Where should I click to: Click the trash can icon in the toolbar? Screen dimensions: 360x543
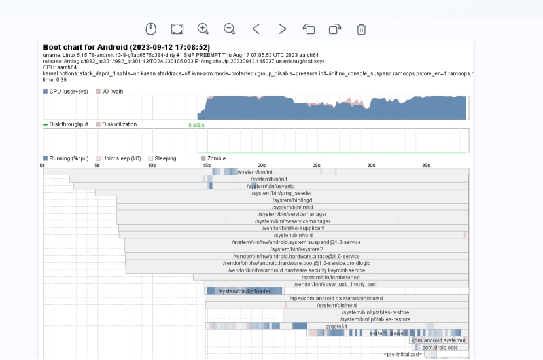point(361,29)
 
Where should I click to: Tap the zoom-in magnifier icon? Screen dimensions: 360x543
point(203,29)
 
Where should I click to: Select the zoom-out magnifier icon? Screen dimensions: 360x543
point(229,29)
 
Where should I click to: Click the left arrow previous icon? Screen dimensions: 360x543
point(256,29)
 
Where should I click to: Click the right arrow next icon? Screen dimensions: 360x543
point(282,29)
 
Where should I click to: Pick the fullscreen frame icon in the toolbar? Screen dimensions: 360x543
point(177,29)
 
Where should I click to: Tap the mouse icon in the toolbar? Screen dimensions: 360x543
point(150,29)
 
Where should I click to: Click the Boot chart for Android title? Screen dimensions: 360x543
point(126,47)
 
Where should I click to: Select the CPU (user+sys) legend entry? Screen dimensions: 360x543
point(66,92)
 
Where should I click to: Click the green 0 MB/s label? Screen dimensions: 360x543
point(197,125)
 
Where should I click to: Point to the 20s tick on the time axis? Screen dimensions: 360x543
point(261,166)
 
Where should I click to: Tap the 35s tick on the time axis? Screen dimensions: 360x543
point(425,166)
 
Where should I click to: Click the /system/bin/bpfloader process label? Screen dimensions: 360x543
point(243,291)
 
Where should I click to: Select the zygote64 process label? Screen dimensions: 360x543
point(336,326)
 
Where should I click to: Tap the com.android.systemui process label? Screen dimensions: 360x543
point(438,340)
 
